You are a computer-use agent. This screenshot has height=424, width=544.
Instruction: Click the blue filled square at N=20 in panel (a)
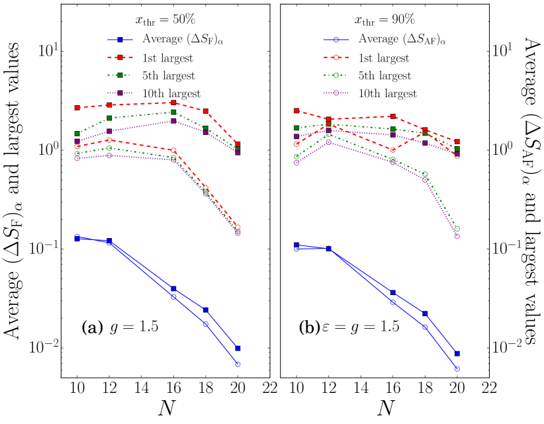(x=238, y=349)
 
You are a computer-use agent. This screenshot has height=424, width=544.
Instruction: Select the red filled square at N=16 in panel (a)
(x=173, y=103)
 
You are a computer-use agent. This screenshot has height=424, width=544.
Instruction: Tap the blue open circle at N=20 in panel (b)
(x=457, y=369)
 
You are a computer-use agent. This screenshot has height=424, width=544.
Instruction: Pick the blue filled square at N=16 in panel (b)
(x=392, y=292)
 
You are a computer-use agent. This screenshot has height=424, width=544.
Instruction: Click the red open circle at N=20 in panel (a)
(x=238, y=227)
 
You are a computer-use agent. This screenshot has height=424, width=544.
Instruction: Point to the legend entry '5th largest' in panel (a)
(x=171, y=75)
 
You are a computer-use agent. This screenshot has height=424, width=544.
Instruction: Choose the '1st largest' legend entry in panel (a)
(x=169, y=58)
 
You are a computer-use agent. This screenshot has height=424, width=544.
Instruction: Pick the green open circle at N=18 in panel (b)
(x=425, y=174)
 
